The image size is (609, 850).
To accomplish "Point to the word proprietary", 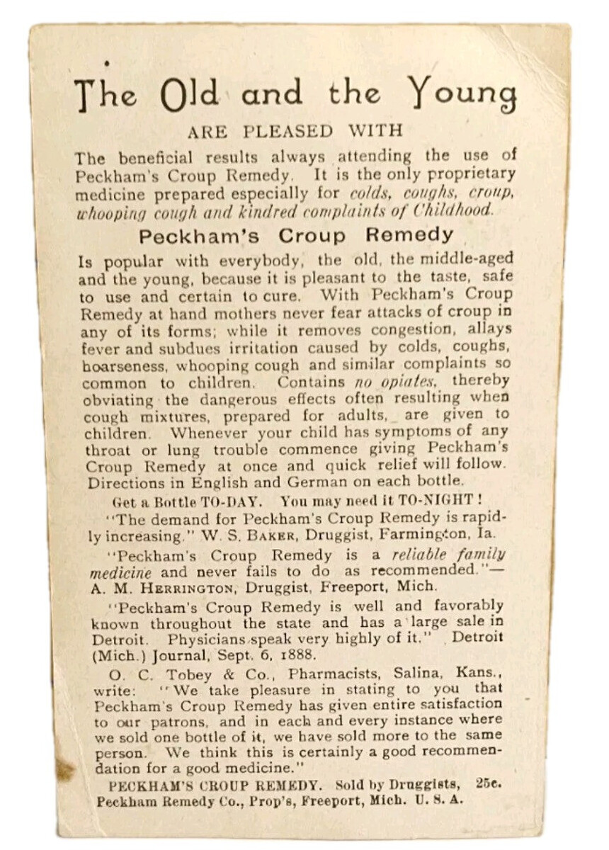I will click(x=469, y=174).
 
